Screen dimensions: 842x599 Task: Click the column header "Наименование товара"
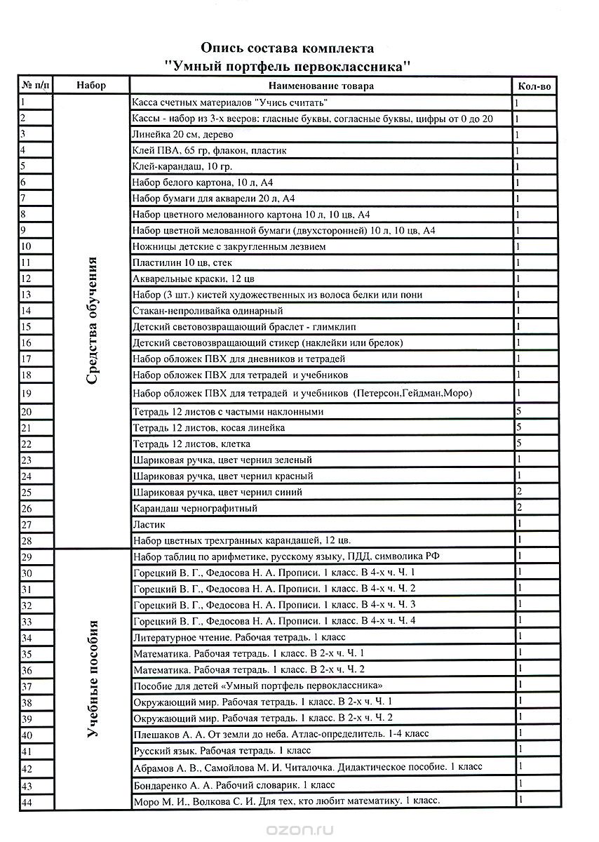(x=322, y=86)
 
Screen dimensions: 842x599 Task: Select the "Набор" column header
(x=92, y=86)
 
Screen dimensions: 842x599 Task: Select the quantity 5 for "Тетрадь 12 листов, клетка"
(x=518, y=443)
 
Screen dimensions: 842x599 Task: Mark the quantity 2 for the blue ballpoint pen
(x=518, y=491)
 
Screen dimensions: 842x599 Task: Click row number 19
(x=27, y=393)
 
